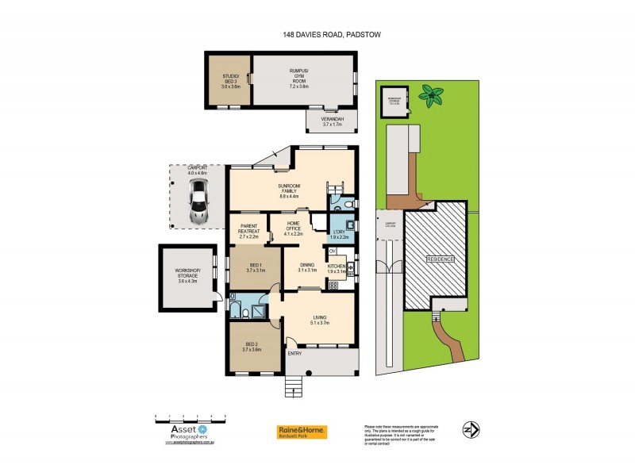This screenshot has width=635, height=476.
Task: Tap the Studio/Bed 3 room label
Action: [230, 79]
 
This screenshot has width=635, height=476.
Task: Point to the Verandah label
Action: [330, 121]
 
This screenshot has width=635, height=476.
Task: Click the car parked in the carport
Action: [198, 201]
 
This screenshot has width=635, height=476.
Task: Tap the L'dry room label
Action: [339, 233]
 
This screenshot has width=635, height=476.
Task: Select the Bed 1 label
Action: [256, 268]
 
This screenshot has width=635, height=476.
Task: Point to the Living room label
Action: [317, 320]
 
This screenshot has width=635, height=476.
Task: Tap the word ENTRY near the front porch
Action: [294, 353]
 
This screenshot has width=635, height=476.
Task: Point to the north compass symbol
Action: [471, 429]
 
